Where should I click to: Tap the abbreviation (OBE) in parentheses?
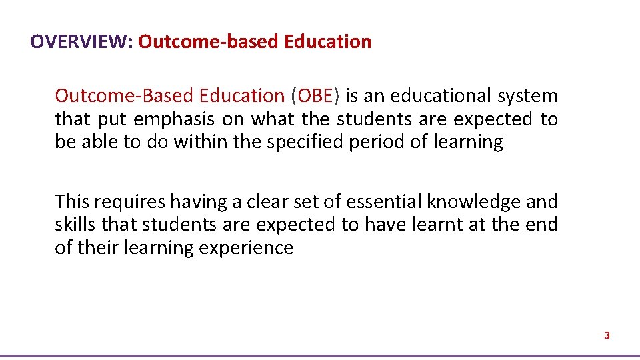click(315, 96)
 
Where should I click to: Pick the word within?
click(204, 142)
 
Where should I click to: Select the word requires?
click(130, 201)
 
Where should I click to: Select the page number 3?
click(607, 336)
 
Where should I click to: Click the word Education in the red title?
click(327, 42)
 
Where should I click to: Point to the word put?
click(111, 119)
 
